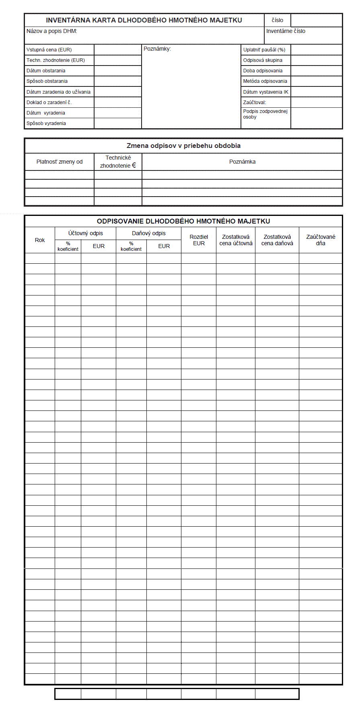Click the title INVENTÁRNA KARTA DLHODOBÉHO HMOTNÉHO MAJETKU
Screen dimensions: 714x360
point(144,20)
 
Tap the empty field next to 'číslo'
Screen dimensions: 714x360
point(316,20)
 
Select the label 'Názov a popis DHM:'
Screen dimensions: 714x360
point(52,31)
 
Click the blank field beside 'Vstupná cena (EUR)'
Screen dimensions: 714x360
point(118,50)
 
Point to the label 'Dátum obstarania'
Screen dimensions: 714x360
point(46,71)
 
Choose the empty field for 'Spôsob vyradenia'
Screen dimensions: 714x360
point(118,123)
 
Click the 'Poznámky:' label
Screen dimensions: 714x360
point(157,49)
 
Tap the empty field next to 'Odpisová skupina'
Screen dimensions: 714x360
point(316,60)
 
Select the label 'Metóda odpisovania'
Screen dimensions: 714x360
point(265,81)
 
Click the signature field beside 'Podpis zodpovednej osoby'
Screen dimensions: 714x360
point(316,118)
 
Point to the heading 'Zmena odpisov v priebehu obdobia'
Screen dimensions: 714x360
point(183,146)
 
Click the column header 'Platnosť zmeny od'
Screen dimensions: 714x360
point(60,162)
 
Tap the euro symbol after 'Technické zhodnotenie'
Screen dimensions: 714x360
point(134,165)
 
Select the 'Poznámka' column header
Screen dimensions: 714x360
point(242,162)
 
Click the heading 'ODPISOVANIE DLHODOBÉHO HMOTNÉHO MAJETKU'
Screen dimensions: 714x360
point(183,221)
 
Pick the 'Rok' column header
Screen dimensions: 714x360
point(40,240)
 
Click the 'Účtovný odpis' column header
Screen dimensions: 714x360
point(86,233)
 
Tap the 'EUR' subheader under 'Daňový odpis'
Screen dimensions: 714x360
point(164,246)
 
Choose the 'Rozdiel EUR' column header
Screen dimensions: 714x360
point(199,240)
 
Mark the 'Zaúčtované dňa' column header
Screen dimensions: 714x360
point(321,240)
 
